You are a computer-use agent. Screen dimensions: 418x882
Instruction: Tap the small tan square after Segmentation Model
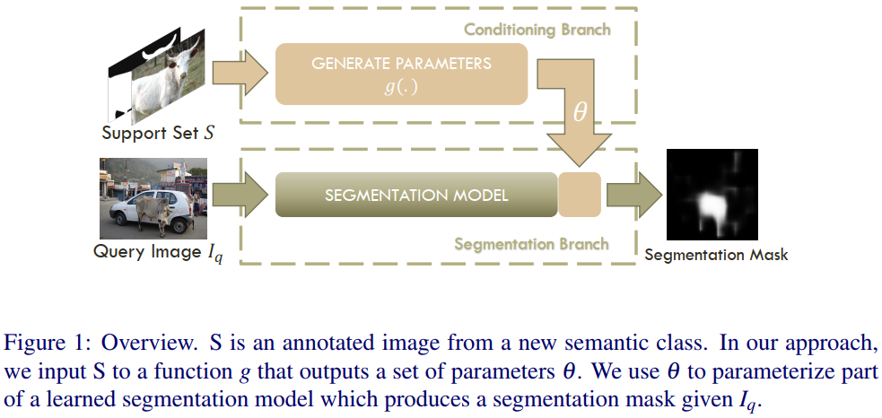(579, 195)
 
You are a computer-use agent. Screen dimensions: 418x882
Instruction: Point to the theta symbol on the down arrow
(580, 112)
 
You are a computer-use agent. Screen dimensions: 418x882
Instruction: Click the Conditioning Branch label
(537, 30)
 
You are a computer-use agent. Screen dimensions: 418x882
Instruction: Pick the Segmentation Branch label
(531, 243)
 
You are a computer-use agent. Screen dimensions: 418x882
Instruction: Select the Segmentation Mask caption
(716, 255)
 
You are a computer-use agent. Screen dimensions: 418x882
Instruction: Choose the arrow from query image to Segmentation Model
(243, 195)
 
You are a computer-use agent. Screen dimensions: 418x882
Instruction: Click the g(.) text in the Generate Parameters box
(401, 88)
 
